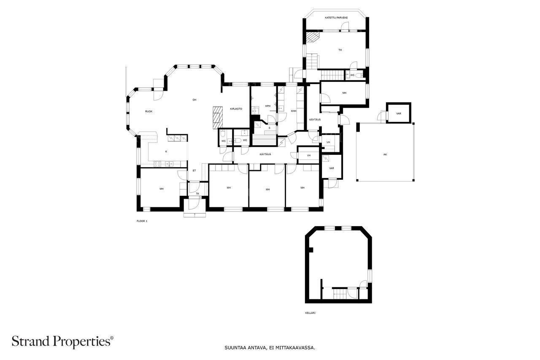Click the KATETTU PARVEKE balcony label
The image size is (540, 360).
coord(336,18)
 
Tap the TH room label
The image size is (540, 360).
coord(340,50)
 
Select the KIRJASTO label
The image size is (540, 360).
coord(236,109)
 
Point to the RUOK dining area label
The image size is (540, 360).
coord(148,111)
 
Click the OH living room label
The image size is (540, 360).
coord(194,100)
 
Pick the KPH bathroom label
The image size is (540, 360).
coord(267,106)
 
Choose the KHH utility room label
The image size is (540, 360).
coord(294,111)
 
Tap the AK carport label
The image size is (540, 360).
coord(385,154)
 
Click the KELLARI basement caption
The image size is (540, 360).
coord(310,313)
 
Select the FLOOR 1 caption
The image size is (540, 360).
coord(142,221)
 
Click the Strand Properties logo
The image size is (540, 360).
coord(62,341)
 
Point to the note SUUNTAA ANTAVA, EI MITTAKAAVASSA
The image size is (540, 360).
coord(270,348)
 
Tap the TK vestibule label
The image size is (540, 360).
coord(197,194)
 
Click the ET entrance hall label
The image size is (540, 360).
coord(194,171)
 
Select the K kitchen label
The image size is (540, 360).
coord(166,152)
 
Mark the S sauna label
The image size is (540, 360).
coord(269,127)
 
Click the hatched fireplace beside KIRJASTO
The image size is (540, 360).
coord(217,116)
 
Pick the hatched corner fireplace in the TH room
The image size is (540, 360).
coord(313,38)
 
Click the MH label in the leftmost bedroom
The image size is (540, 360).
coord(162,189)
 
